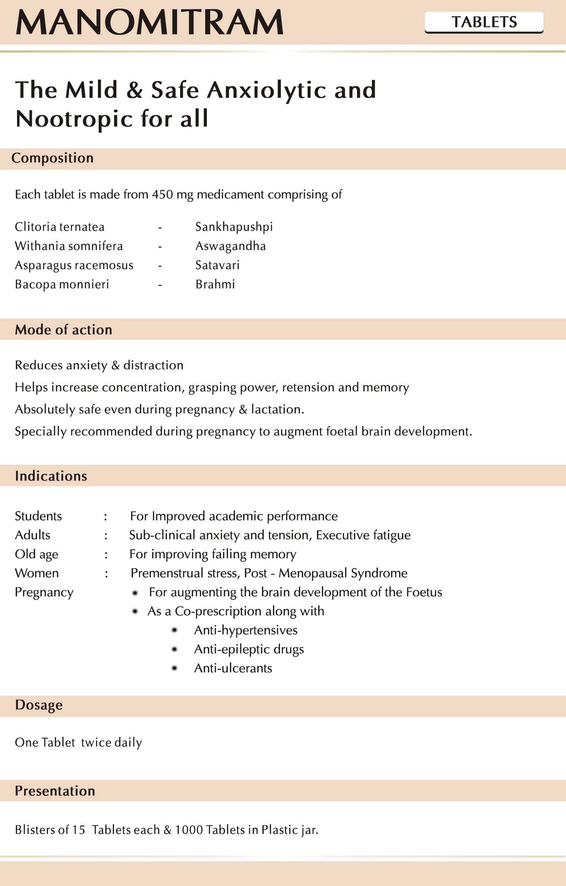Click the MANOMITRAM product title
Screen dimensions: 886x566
click(x=149, y=22)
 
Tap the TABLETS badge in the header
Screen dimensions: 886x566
click(x=484, y=22)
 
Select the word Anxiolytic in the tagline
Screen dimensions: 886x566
click(x=266, y=90)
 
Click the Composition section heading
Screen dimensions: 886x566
click(x=52, y=158)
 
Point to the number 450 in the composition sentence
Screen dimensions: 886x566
click(x=162, y=194)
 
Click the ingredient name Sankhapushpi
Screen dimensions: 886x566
click(x=234, y=227)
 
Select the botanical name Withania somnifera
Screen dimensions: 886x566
click(x=69, y=246)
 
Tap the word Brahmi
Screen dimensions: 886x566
click(x=215, y=284)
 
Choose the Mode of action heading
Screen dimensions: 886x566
click(x=63, y=330)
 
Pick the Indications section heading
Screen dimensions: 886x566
click(x=51, y=476)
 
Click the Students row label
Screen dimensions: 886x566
click(x=38, y=516)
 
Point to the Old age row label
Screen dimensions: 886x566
click(x=37, y=554)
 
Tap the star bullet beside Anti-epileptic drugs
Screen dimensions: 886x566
click(x=175, y=649)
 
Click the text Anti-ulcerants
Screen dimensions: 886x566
click(x=233, y=668)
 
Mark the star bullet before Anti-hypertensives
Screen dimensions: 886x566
click(x=175, y=630)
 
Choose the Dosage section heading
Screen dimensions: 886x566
click(x=39, y=705)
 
